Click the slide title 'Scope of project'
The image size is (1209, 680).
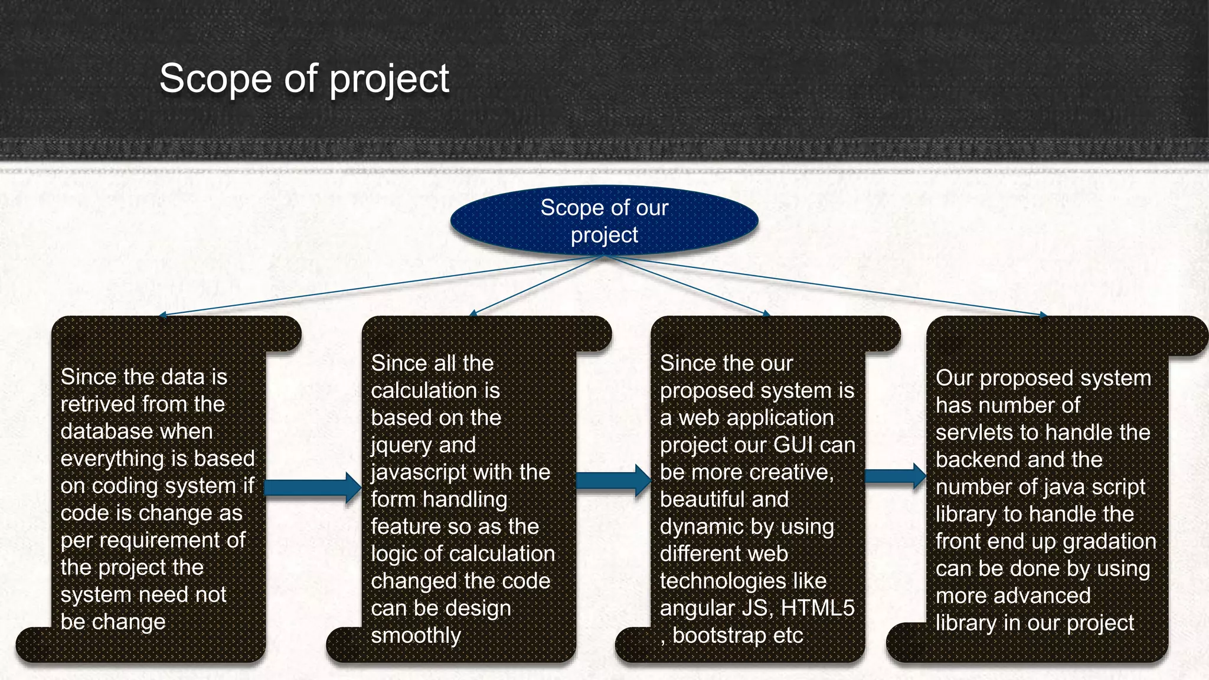coord(304,79)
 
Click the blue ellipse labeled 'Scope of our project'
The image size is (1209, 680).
coord(604,220)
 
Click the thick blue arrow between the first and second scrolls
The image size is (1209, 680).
coord(312,487)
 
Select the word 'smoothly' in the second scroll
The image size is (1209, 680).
coord(416,636)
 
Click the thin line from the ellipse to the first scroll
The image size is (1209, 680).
coord(378,286)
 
